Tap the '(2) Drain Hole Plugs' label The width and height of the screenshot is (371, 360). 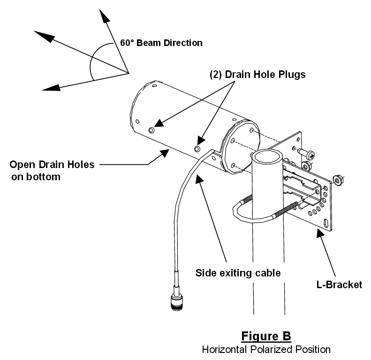click(257, 74)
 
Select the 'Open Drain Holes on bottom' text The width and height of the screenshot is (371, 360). click(52, 170)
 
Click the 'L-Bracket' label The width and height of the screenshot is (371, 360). click(338, 284)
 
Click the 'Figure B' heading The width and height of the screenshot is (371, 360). click(266, 336)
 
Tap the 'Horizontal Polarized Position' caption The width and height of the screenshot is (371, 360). click(266, 350)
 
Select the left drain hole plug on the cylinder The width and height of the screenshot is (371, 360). click(151, 130)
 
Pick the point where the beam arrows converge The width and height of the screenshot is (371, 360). click(128, 73)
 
